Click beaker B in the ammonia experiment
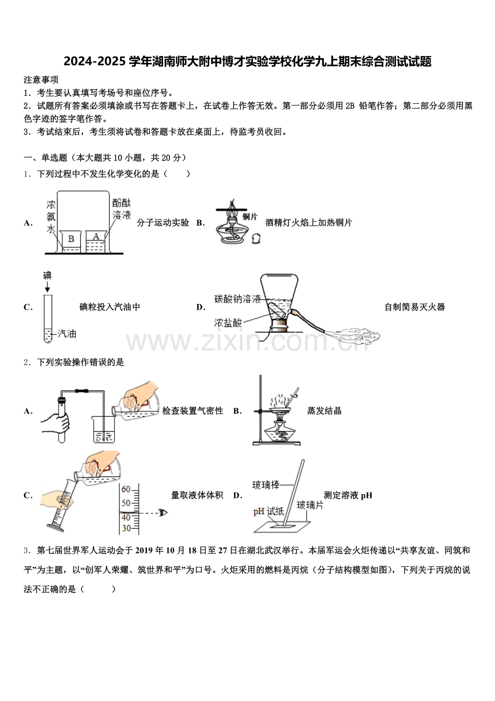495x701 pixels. [x=71, y=242]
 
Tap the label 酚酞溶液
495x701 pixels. [x=121, y=209]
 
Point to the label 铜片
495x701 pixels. [x=250, y=216]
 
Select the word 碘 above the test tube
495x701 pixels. [x=47, y=276]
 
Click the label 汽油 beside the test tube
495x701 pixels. [x=67, y=334]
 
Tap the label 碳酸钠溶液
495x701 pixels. [x=237, y=299]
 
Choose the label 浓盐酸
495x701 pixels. [x=228, y=323]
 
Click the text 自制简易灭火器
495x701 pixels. [x=414, y=307]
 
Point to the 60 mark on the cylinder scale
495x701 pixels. [x=126, y=489]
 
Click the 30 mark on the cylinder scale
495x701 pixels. [x=126, y=528]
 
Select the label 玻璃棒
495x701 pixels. [x=266, y=485]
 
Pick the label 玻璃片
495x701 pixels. [x=309, y=504]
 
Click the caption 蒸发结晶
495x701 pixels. [x=324, y=411]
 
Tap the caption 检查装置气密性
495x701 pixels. [x=193, y=411]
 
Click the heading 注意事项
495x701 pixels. [x=41, y=80]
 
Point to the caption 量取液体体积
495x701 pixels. [x=197, y=495]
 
